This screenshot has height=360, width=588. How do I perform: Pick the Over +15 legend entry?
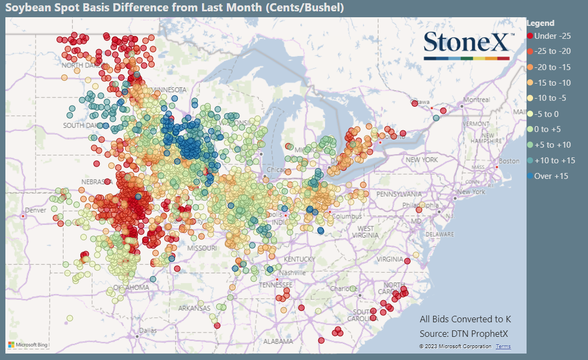click(550, 176)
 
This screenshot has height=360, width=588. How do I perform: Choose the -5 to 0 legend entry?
click(548, 114)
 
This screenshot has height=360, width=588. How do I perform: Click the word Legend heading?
click(540, 23)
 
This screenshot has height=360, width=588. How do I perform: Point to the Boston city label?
click(509, 161)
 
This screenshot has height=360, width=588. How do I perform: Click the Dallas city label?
click(147, 330)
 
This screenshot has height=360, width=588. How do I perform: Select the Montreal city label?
click(476, 100)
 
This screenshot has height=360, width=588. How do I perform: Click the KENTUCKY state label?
click(299, 259)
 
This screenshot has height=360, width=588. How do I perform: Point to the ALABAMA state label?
click(278, 341)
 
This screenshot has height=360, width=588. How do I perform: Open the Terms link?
click(503, 347)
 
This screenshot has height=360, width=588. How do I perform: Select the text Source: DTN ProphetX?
click(464, 334)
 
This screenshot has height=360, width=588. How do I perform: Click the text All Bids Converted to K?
click(465, 319)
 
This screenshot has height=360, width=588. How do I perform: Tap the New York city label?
click(471, 192)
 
